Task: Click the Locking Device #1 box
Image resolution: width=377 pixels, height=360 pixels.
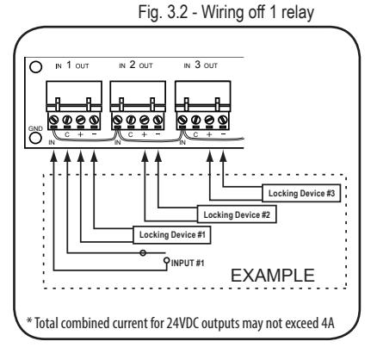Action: (172, 235)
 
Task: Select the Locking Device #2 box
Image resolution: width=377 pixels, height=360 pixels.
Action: (237, 214)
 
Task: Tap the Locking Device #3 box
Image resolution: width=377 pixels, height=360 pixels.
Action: (301, 193)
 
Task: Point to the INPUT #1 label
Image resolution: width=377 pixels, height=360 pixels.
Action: (188, 263)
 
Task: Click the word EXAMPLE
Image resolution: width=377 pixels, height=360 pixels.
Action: (273, 276)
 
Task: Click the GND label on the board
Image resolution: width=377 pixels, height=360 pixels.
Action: (35, 128)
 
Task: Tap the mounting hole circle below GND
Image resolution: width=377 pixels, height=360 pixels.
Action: (35, 138)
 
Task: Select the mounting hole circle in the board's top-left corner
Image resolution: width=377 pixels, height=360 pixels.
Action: (36, 67)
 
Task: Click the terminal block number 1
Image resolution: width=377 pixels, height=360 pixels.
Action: (74, 106)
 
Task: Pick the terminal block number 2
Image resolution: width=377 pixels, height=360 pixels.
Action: (138, 106)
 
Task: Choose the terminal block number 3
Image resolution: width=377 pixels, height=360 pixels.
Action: (202, 106)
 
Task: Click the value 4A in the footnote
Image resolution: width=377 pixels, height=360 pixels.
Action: (327, 323)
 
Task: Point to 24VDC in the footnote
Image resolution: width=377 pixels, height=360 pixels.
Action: (182, 323)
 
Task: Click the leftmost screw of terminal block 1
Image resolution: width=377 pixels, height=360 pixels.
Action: (53, 119)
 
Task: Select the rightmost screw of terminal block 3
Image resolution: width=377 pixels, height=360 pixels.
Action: (223, 119)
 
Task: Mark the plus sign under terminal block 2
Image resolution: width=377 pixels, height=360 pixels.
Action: (144, 134)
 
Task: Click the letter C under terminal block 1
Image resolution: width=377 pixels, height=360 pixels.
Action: (67, 134)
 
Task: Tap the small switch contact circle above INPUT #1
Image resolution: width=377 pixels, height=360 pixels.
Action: (143, 253)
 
